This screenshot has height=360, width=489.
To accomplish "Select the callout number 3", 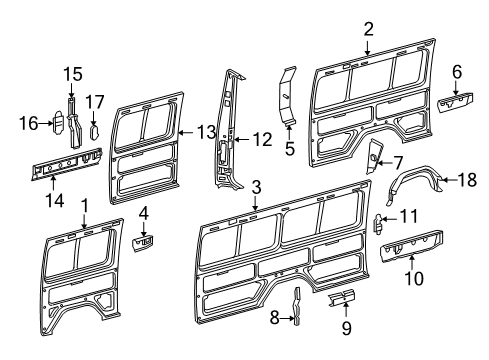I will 256,186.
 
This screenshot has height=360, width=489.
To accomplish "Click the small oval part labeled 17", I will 95,128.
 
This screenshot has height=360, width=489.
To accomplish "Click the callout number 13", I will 205,131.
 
